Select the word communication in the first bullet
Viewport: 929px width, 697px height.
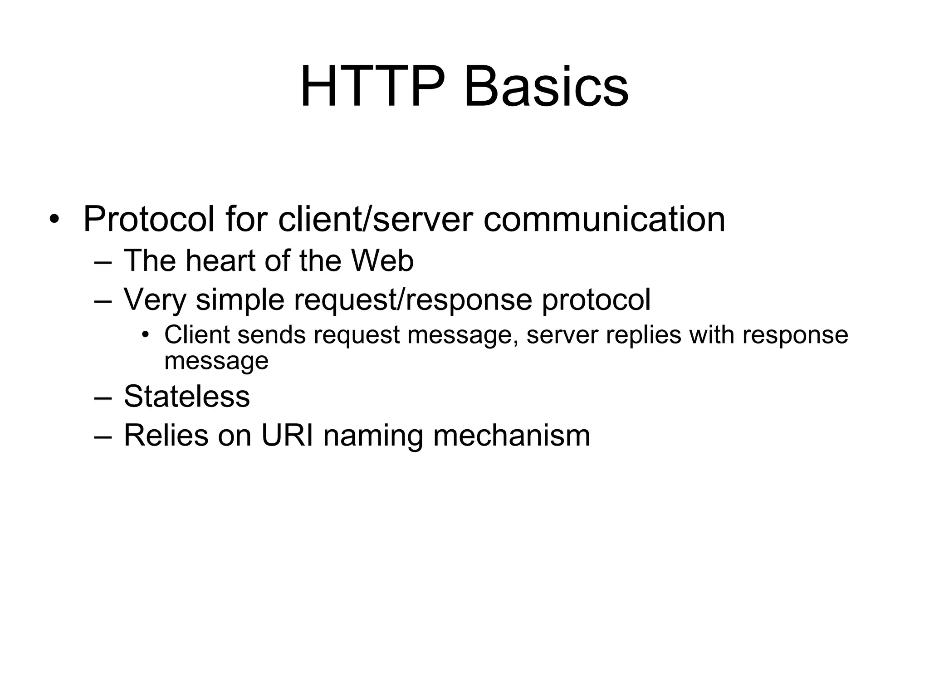[604, 220]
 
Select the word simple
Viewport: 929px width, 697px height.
[240, 300]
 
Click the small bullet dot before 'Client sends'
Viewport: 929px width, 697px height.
[145, 335]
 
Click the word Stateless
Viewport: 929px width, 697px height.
[186, 396]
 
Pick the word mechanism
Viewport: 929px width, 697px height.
[512, 435]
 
